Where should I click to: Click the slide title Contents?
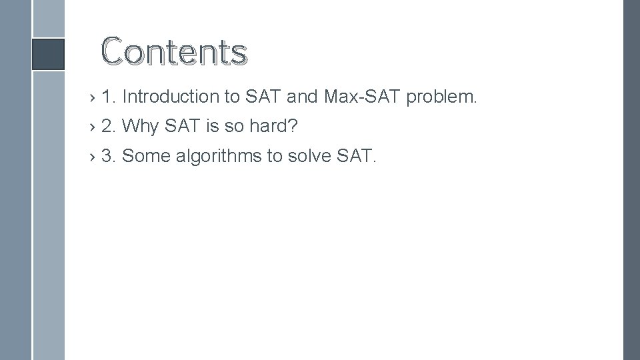[x=174, y=51]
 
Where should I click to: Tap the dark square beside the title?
[x=49, y=54]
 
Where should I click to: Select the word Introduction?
[x=172, y=97]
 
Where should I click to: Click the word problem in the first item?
[x=442, y=97]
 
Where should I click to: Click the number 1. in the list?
[x=109, y=97]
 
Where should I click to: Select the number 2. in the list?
[x=109, y=125]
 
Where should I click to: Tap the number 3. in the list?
[x=109, y=156]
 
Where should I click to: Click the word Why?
[x=138, y=125]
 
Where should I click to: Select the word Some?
[x=146, y=156]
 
